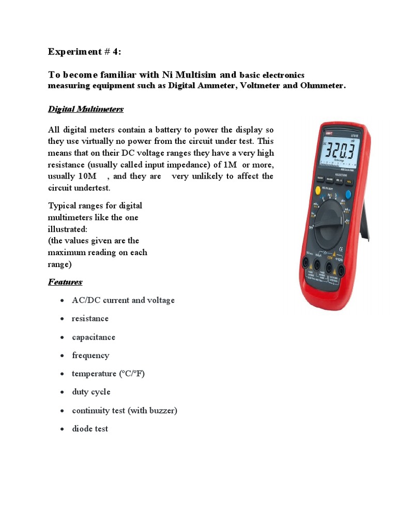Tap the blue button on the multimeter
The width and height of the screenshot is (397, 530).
pyautogui.click(x=347, y=195)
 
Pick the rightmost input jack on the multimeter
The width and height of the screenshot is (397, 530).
pyautogui.click(x=342, y=270)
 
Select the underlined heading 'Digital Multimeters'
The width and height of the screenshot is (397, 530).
pyautogui.click(x=86, y=109)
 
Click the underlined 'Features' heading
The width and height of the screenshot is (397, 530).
pyautogui.click(x=65, y=282)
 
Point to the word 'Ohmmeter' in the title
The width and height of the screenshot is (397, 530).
pyautogui.click(x=322, y=85)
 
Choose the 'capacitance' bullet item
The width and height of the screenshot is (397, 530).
pyautogui.click(x=94, y=337)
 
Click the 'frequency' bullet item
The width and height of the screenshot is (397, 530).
pyautogui.click(x=90, y=355)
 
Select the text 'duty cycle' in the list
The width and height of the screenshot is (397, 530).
pyautogui.click(x=91, y=392)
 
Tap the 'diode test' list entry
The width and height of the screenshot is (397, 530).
pyautogui.click(x=90, y=429)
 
